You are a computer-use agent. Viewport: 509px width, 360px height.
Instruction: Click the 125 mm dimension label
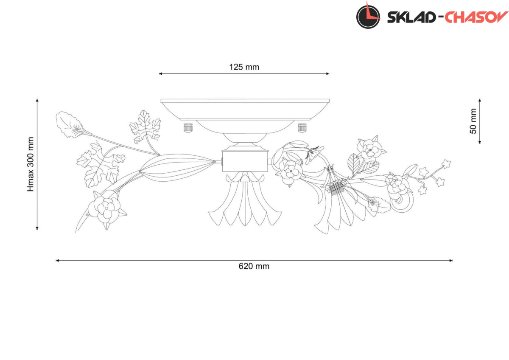[244, 67]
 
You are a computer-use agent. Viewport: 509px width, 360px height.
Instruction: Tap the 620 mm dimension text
[254, 266]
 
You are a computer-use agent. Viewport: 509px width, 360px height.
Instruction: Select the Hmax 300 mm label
[31, 164]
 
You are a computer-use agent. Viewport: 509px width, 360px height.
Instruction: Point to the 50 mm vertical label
[473, 121]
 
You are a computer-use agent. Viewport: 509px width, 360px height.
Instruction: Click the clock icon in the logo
[368, 17]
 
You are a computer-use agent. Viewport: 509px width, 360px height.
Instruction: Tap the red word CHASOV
[476, 17]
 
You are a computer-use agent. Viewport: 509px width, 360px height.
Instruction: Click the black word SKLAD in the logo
[411, 17]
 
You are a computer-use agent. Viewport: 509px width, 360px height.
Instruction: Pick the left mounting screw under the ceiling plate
[188, 128]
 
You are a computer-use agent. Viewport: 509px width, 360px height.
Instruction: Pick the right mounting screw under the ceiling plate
[302, 128]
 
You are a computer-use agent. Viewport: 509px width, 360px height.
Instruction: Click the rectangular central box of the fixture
[245, 161]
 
